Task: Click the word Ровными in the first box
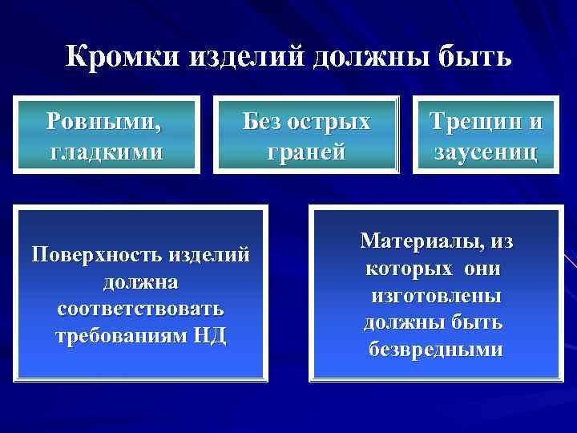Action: point(103,122)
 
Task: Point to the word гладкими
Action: point(105,151)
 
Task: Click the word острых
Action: point(332,122)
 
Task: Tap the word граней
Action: point(307,151)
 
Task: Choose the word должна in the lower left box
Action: point(141,282)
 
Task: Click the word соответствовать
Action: point(141,309)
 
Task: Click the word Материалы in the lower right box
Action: point(418,241)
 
